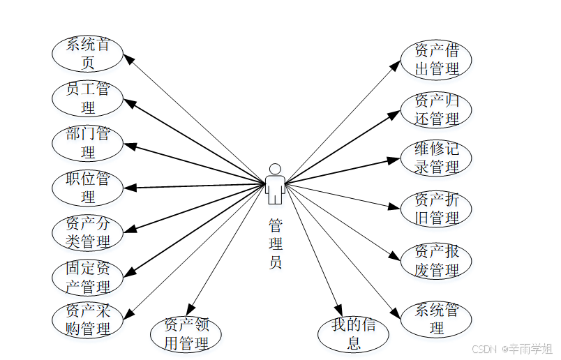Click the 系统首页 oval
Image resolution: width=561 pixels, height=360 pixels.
[x=87, y=54]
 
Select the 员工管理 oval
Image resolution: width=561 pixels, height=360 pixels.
[x=87, y=98]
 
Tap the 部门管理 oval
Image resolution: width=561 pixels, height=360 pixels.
[x=87, y=142]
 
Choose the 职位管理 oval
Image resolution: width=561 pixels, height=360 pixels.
[x=87, y=187]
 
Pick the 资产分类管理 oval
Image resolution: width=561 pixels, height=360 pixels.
[x=87, y=232]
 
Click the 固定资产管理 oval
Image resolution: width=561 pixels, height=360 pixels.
[x=87, y=277]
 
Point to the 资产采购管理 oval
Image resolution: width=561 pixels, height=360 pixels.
[x=87, y=319]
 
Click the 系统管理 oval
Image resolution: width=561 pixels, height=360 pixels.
[x=436, y=319]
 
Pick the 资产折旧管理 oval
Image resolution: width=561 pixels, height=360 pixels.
[x=436, y=209]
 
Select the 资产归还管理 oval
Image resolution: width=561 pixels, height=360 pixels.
[x=436, y=110]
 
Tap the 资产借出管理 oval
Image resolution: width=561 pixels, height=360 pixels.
[x=436, y=59]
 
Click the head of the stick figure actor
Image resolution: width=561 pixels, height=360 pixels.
[x=275, y=169]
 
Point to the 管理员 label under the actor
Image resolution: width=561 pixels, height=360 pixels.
[x=275, y=244]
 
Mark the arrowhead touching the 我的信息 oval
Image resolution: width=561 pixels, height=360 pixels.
[x=338, y=311]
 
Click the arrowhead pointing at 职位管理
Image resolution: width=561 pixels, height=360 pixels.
[x=130, y=187]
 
